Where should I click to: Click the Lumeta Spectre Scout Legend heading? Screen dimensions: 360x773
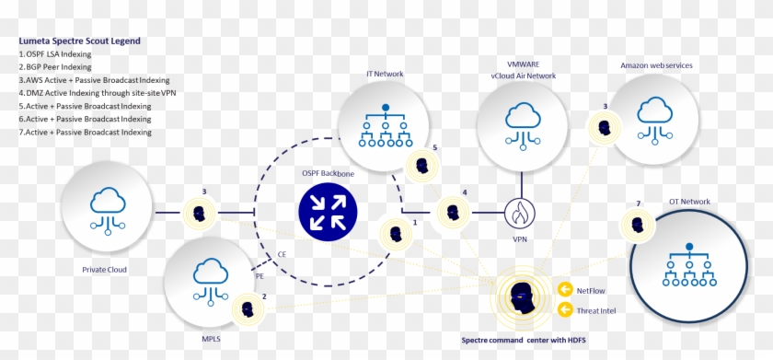point(78,41)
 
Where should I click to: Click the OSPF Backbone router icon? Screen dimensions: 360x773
point(328,209)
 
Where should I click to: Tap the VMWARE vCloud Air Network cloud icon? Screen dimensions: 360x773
point(523,124)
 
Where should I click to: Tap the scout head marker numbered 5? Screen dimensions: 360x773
point(421,167)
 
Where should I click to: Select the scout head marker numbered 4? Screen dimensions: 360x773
point(453,212)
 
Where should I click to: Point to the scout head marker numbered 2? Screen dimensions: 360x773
point(248,308)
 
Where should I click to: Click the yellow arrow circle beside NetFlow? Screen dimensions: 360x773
point(564,290)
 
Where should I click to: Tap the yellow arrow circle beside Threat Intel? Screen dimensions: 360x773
point(564,311)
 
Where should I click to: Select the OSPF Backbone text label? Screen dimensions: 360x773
point(328,173)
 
